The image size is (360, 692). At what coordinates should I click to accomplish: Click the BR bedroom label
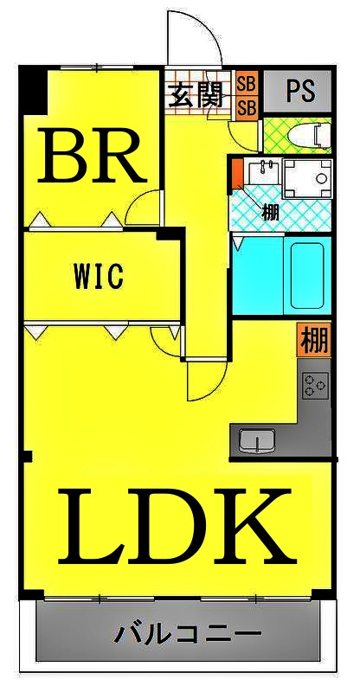[x=92, y=156]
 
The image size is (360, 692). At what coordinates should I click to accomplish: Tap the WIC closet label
[x=98, y=277]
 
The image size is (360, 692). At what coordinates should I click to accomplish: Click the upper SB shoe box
[x=246, y=84]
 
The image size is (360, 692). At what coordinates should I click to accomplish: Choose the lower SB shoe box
[x=246, y=109]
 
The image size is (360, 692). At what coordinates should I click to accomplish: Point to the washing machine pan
[x=307, y=179]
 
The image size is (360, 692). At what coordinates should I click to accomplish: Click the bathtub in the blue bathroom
[x=307, y=275]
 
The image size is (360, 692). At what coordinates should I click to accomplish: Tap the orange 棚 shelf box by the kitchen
[x=314, y=340]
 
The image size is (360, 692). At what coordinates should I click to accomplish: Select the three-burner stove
[x=315, y=385]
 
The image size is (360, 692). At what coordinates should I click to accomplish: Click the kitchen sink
[x=257, y=440]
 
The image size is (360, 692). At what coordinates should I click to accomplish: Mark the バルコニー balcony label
[x=189, y=634]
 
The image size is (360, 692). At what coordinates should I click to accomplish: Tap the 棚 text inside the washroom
[x=270, y=213]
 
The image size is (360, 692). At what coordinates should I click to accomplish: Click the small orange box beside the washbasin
[x=238, y=174]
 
